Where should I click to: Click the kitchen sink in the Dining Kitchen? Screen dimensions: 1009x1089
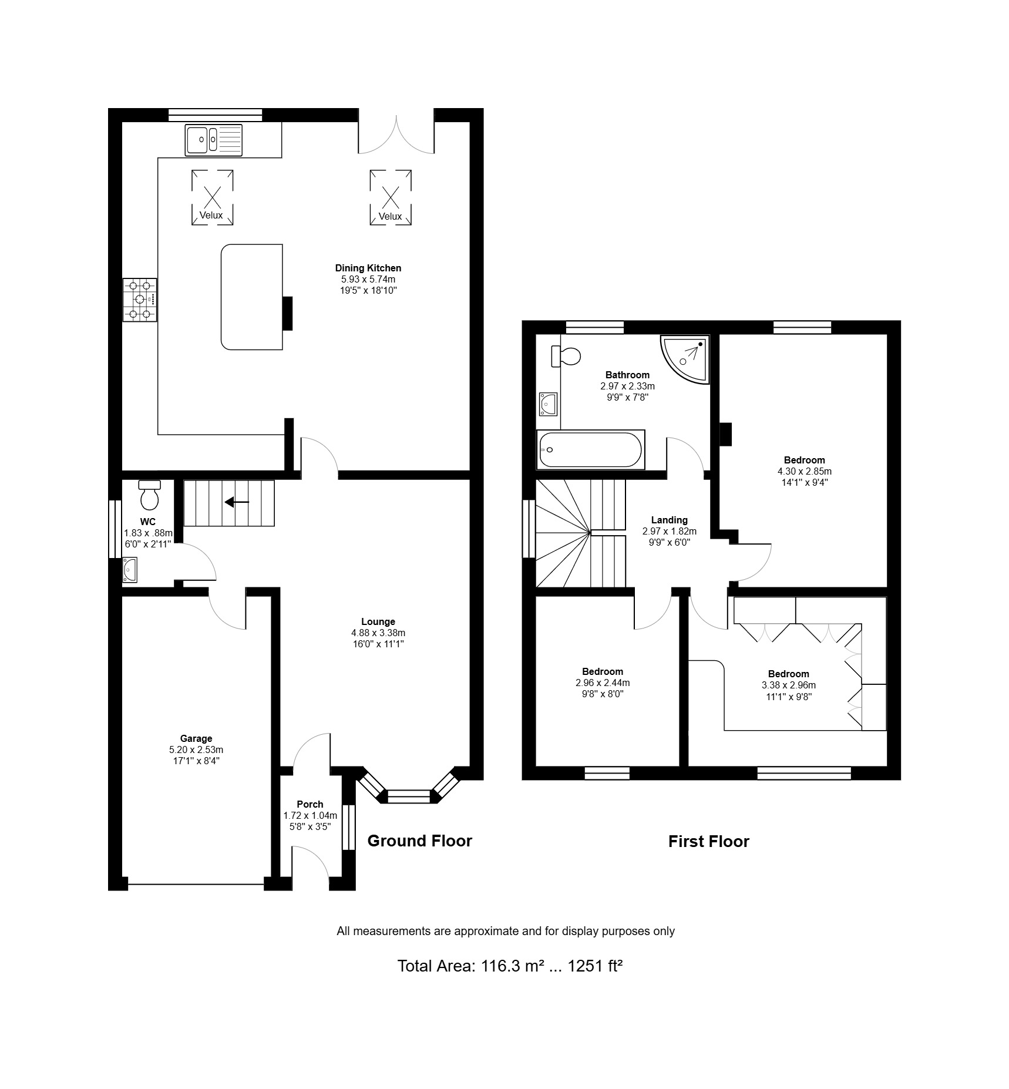pos(214,140)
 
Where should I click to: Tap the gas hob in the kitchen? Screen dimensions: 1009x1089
pos(140,300)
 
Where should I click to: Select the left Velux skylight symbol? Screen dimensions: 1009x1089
pos(212,197)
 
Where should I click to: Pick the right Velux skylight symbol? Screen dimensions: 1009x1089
pos(391,197)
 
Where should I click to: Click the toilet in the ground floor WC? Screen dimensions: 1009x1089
pos(149,495)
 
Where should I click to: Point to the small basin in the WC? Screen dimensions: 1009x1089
pos(130,569)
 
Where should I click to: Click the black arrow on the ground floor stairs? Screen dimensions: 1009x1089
pos(237,502)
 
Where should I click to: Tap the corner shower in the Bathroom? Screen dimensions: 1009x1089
pos(685,359)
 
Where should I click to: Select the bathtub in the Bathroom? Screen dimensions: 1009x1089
pos(591,449)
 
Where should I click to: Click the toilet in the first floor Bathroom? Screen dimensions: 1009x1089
pos(566,356)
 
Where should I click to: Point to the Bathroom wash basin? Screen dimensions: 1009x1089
pos(548,404)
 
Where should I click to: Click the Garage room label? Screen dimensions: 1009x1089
pos(196,738)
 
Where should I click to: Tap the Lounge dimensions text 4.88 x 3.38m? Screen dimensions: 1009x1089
pos(378,633)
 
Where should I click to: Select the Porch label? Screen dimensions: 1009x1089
pos(310,804)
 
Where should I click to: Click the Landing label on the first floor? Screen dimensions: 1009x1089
pos(670,520)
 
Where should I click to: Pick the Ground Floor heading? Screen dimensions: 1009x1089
pos(420,841)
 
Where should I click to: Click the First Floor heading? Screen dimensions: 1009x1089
pos(709,841)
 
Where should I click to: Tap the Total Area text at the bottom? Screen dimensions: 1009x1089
pos(510,966)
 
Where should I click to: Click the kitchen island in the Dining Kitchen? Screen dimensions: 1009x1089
pos(252,297)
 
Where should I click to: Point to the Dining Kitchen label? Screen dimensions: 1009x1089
pos(368,268)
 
